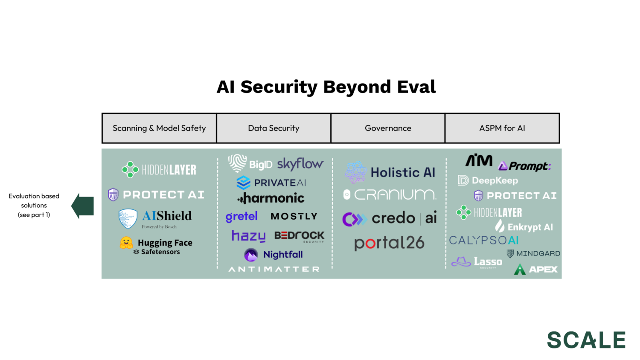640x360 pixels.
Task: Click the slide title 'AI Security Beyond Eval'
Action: (326, 87)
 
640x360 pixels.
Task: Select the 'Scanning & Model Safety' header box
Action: (159, 128)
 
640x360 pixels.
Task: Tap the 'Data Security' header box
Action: (273, 128)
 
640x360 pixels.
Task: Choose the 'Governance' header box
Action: (388, 128)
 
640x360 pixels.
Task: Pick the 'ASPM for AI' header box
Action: (502, 128)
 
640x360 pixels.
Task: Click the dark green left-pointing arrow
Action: (83, 206)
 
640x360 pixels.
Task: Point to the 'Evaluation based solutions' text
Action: (34, 205)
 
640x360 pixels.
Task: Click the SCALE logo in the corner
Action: (586, 340)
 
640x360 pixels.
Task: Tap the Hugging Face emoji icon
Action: (126, 243)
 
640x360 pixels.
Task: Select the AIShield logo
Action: (156, 218)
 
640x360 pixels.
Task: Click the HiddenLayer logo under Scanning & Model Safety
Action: (159, 170)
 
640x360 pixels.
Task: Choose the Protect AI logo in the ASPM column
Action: (515, 196)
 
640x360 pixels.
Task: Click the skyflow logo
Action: (300, 164)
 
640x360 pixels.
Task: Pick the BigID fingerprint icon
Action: (237, 163)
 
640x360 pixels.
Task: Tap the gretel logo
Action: (241, 217)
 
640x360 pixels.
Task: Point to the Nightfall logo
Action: (273, 255)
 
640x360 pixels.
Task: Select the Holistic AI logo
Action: (390, 172)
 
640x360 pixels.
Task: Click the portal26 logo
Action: (389, 243)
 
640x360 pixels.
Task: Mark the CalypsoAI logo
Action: (484, 241)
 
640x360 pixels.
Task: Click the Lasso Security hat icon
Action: (461, 261)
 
